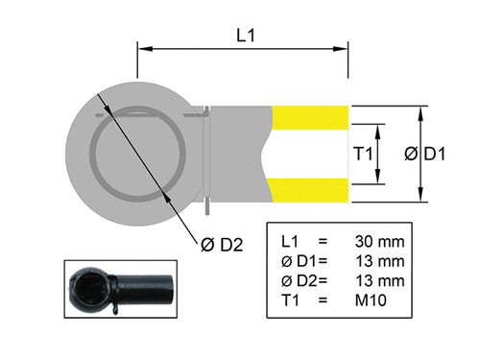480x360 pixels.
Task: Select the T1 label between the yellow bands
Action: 362,154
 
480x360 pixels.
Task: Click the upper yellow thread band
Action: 310,116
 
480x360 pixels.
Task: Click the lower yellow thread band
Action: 310,190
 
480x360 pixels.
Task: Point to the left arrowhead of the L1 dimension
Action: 142,46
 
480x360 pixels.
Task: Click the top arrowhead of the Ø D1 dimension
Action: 421,110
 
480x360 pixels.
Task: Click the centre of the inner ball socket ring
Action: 138,154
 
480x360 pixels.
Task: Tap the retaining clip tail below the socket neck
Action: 208,204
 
